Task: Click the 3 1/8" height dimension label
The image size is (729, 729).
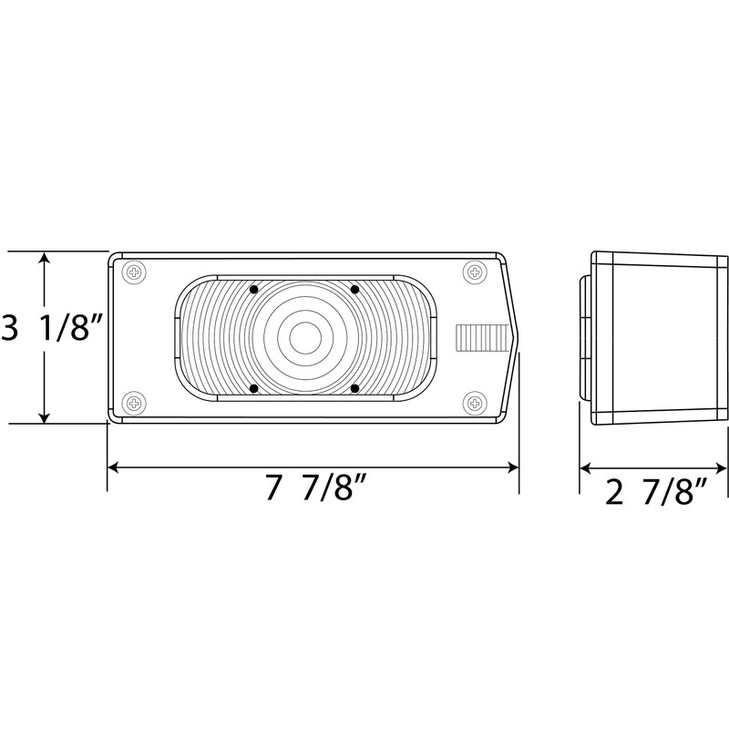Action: pos(51,328)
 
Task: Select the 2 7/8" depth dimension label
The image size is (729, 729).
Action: pos(656,492)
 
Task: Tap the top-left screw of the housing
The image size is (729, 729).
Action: pos(134,272)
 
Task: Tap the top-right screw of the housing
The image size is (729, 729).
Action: pos(475,272)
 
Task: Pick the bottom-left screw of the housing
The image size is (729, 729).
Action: pos(134,402)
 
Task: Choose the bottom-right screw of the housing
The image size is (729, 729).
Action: pos(475,402)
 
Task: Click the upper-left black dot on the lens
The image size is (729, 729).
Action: pos(254,290)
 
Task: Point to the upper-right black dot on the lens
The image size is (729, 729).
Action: pos(354,290)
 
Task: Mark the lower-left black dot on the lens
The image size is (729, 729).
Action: pos(254,388)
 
